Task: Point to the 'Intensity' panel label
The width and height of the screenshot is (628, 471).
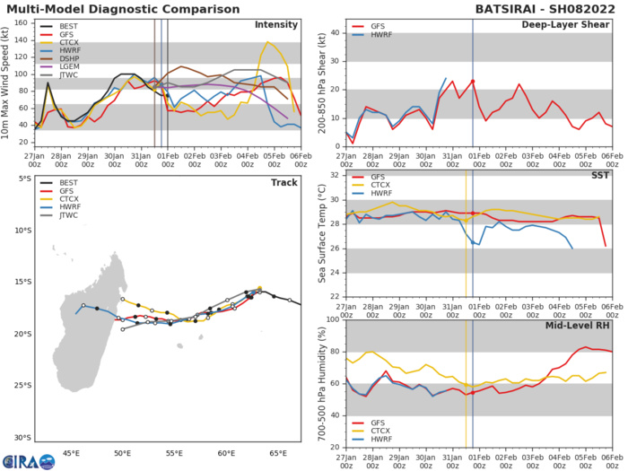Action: click(276, 24)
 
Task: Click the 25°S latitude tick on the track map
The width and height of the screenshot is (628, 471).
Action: click(20, 386)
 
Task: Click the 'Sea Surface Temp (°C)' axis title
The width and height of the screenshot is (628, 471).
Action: click(321, 236)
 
